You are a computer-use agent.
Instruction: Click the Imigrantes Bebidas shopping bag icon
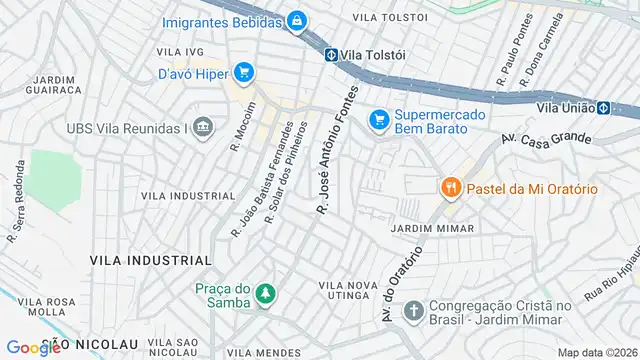(296, 19)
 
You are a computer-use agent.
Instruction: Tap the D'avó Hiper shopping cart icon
(242, 72)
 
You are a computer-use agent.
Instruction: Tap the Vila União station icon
(603, 107)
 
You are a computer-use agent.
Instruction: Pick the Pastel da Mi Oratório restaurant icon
(451, 187)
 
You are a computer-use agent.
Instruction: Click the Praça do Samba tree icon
(265, 293)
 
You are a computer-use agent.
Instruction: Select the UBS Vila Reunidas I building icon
(203, 128)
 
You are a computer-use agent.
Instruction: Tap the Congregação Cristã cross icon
(413, 311)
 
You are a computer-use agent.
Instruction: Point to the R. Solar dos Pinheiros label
(286, 172)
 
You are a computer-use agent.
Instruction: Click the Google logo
(33, 347)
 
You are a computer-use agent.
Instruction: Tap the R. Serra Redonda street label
(16, 217)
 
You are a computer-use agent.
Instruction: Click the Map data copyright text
(597, 352)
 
